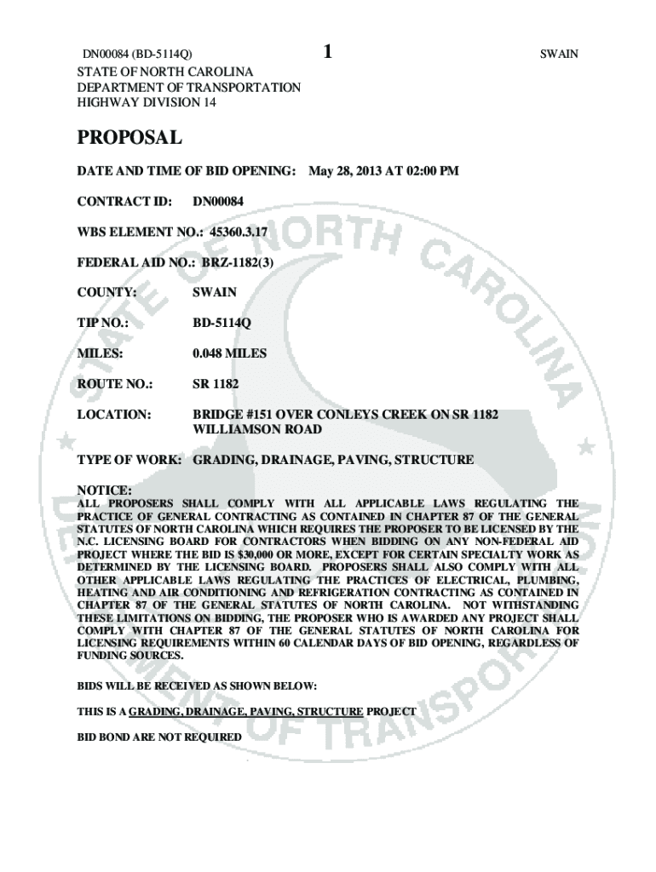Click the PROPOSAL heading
click(x=129, y=137)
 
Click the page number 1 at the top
click(x=327, y=52)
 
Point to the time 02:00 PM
click(x=430, y=171)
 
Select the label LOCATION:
click(x=114, y=414)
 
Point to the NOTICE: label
click(x=105, y=491)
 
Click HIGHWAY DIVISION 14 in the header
click(x=147, y=101)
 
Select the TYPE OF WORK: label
click(x=129, y=460)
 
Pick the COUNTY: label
click(x=107, y=292)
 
